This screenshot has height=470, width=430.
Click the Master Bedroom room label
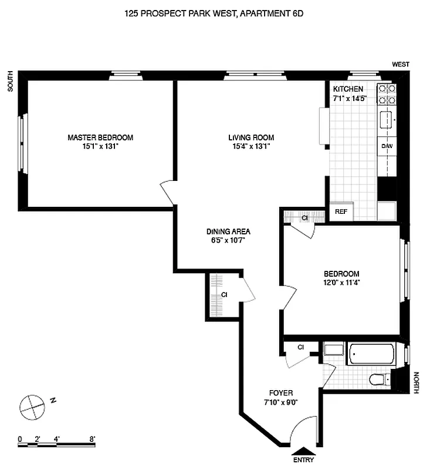[100, 137]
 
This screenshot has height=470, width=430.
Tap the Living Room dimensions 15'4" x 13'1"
[251, 147]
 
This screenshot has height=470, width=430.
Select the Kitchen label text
[348, 89]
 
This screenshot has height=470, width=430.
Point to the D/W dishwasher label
[387, 146]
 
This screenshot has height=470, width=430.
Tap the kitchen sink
[387, 121]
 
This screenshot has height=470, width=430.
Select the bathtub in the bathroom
[371, 354]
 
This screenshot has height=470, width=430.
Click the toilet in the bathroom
[380, 379]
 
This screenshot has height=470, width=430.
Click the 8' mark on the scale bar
[92, 438]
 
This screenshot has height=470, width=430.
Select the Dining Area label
[228, 231]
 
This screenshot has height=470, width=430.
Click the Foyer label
[281, 393]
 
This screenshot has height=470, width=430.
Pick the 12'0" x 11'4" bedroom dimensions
[341, 282]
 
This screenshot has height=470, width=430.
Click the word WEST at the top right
[401, 65]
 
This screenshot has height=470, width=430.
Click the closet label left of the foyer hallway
[224, 295]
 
